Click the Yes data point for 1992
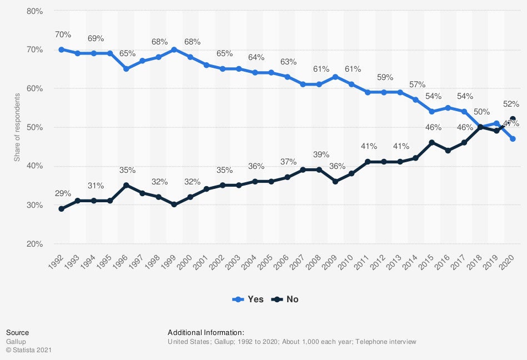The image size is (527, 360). click(61, 49)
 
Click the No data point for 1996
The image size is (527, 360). click(126, 186)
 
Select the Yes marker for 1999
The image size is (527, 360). click(174, 49)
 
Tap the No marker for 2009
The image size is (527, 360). click(335, 182)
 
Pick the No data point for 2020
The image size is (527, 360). click(513, 119)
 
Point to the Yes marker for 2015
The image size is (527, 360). click(431, 112)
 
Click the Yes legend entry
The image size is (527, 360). click(247, 299)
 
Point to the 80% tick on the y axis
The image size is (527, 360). click(35, 11)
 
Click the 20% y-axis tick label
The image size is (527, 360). click(35, 244)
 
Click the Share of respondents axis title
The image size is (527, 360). click(17, 128)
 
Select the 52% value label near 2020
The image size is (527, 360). click(511, 104)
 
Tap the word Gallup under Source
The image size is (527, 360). click(16, 342)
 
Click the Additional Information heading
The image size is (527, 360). click(205, 332)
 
